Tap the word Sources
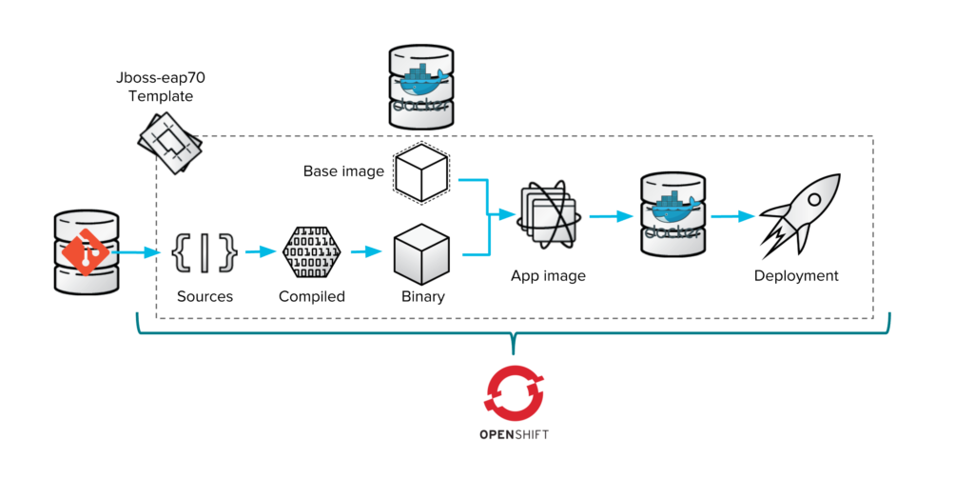205,296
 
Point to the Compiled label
311,296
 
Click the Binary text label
422,296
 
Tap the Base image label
343,172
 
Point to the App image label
548,276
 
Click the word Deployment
796,276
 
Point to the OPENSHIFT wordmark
514,434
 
